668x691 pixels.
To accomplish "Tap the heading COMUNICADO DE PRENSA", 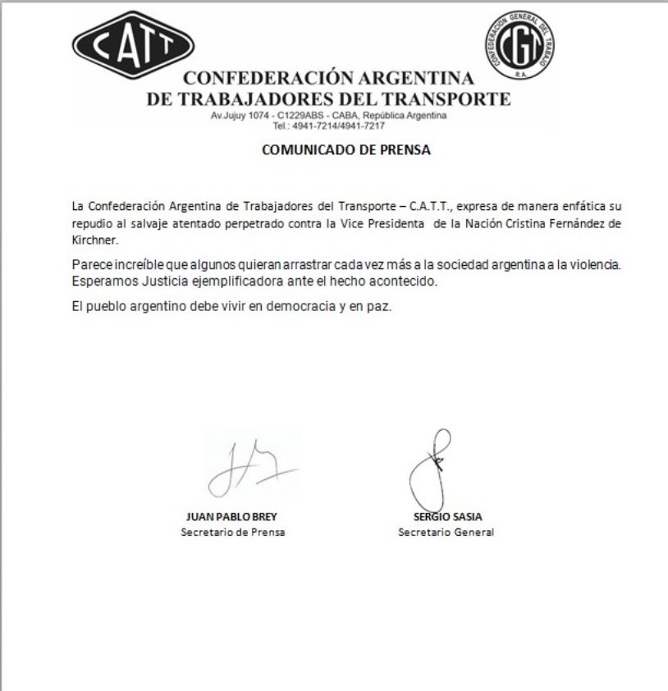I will click(346, 150).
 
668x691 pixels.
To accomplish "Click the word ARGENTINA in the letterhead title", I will click(416, 80).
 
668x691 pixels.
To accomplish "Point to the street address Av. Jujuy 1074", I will click(239, 117).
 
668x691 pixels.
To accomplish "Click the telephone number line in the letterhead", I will click(328, 126).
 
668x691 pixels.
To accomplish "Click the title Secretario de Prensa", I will click(226, 532).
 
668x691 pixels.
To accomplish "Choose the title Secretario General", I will click(446, 532).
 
